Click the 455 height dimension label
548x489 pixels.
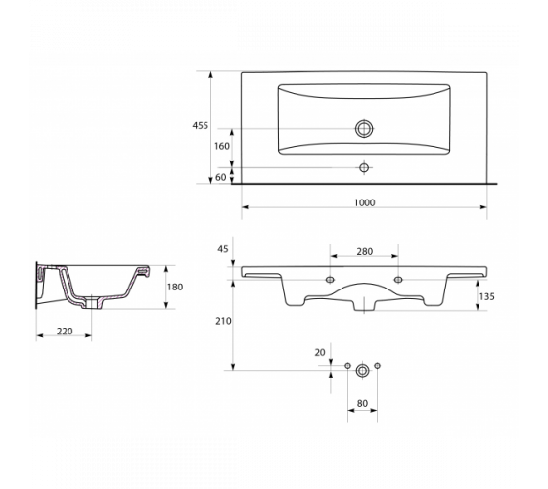pos(200,126)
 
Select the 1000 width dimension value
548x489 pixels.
pos(364,202)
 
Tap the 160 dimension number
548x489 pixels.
pos(222,146)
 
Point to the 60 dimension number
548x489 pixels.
pos(220,177)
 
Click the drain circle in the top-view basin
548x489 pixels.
pos(364,128)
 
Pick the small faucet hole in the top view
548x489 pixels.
pos(364,167)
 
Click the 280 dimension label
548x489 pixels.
pos(364,251)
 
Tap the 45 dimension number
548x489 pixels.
pos(223,249)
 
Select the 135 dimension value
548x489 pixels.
pos(486,296)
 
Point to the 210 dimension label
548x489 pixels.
pos(223,321)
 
